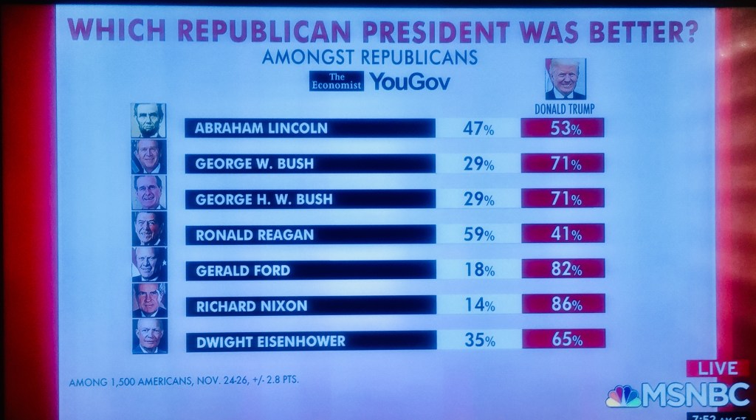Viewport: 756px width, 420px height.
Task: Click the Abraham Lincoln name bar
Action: [309, 128]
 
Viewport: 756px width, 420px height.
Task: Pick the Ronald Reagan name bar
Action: [309, 235]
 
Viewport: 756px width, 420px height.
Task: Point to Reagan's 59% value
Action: [478, 235]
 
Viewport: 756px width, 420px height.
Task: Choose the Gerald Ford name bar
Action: [309, 270]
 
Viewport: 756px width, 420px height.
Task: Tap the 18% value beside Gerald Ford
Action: [478, 271]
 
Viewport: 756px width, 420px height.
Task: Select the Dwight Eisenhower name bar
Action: [309, 340]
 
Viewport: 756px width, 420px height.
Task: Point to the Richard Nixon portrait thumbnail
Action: [149, 300]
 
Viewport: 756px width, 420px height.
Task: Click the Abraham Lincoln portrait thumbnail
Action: [149, 120]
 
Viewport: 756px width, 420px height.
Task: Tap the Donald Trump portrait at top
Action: [566, 79]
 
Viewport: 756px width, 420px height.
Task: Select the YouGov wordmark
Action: [409, 81]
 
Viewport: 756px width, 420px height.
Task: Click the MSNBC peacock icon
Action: [623, 396]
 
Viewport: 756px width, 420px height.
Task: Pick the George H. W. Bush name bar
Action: [309, 199]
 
